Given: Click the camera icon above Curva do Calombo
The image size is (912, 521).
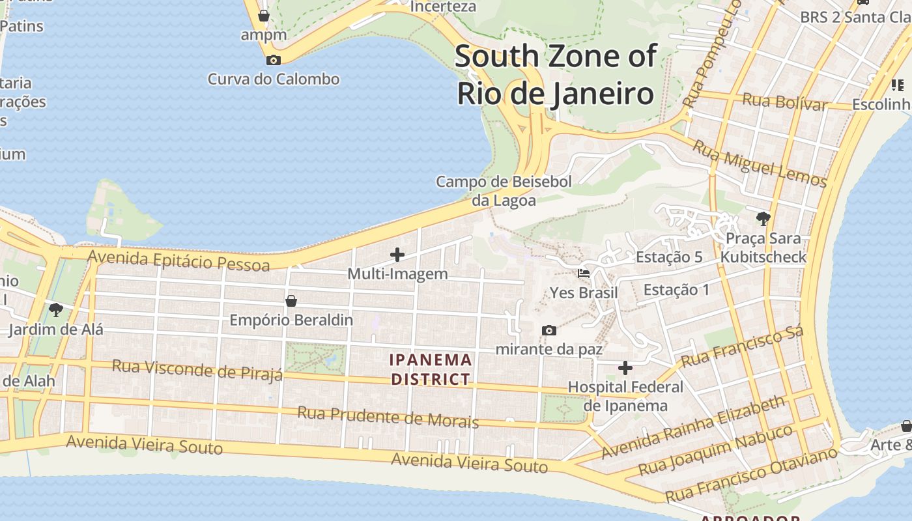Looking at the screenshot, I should click(274, 61).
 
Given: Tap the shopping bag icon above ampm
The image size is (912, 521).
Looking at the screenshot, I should click(264, 16).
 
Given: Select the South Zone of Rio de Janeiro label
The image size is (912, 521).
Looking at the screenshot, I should click(555, 75).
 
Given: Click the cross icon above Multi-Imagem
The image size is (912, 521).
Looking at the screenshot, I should click(397, 255).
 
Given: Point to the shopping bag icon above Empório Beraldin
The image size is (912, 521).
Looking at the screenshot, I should click(291, 301).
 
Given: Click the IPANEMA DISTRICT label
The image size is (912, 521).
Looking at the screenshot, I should click(430, 369).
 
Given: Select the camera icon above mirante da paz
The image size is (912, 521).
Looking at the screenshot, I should click(549, 330).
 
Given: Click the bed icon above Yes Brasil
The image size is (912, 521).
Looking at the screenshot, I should click(584, 274).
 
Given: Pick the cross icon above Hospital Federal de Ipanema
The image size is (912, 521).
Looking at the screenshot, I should click(625, 368).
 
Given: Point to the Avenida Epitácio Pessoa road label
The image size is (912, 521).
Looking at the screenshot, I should click(178, 260).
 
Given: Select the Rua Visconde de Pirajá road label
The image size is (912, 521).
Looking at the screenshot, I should click(197, 369).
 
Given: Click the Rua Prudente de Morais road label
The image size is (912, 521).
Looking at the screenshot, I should click(388, 417).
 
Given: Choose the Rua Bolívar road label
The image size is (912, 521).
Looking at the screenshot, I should click(784, 102).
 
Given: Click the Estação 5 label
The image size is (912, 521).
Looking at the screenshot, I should click(669, 257).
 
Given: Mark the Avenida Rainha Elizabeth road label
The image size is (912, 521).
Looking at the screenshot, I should click(694, 427).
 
